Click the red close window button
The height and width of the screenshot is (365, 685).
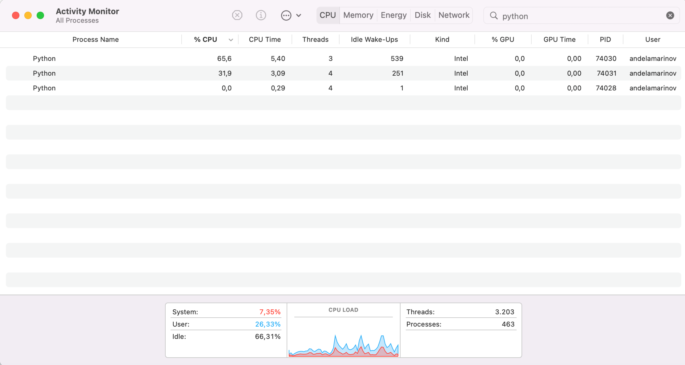[x=16, y=15]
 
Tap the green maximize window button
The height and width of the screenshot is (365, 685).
[x=40, y=15]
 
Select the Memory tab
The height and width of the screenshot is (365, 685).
[x=358, y=15]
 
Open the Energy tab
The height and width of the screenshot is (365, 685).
[x=393, y=15]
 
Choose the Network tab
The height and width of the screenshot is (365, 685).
[x=454, y=15]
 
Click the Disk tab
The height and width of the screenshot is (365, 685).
[x=422, y=15]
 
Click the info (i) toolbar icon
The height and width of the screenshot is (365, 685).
[x=261, y=15]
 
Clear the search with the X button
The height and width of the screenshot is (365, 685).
[x=670, y=15]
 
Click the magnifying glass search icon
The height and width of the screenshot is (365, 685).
[x=494, y=16]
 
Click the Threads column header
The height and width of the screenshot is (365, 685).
[x=315, y=39]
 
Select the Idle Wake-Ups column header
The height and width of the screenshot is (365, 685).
[x=374, y=39]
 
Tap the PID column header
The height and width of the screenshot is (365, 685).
[x=605, y=39]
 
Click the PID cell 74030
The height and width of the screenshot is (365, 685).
[x=606, y=58]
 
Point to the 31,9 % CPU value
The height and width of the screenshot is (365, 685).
[x=225, y=73]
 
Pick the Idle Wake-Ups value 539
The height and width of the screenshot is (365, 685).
[x=397, y=58]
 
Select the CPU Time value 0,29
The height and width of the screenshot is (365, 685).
[x=278, y=88]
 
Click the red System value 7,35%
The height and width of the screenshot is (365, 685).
[x=270, y=312]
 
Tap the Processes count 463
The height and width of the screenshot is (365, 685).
[x=508, y=324]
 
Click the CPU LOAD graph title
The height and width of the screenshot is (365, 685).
[x=343, y=310]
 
